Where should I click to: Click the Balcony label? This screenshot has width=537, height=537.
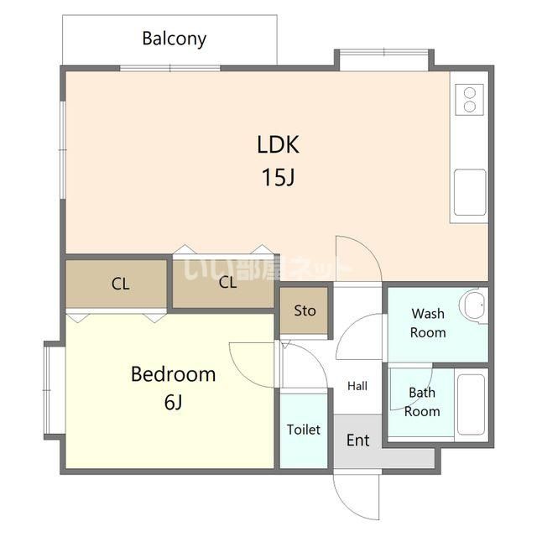[x=174, y=39]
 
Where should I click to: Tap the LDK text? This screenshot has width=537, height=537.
[x=278, y=144]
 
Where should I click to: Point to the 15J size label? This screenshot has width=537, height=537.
[x=278, y=177]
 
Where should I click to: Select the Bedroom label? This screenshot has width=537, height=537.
[x=174, y=374]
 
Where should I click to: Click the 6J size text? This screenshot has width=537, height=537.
[x=174, y=402]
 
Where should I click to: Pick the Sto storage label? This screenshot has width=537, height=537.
[x=305, y=310]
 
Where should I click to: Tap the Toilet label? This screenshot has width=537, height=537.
[x=304, y=430]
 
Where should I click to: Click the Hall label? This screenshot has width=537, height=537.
[x=357, y=386]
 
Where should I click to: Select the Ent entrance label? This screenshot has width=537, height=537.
[x=358, y=440]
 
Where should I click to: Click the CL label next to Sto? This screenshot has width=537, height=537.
[x=227, y=283]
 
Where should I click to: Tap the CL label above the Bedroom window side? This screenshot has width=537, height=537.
[x=120, y=284]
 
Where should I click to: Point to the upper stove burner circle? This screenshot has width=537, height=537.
[x=470, y=93]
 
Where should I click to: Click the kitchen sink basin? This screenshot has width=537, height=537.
[x=470, y=192]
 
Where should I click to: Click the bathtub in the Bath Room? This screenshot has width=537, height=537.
[x=471, y=404]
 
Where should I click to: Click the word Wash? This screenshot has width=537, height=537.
[x=428, y=313]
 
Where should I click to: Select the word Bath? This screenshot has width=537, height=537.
[x=422, y=393]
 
